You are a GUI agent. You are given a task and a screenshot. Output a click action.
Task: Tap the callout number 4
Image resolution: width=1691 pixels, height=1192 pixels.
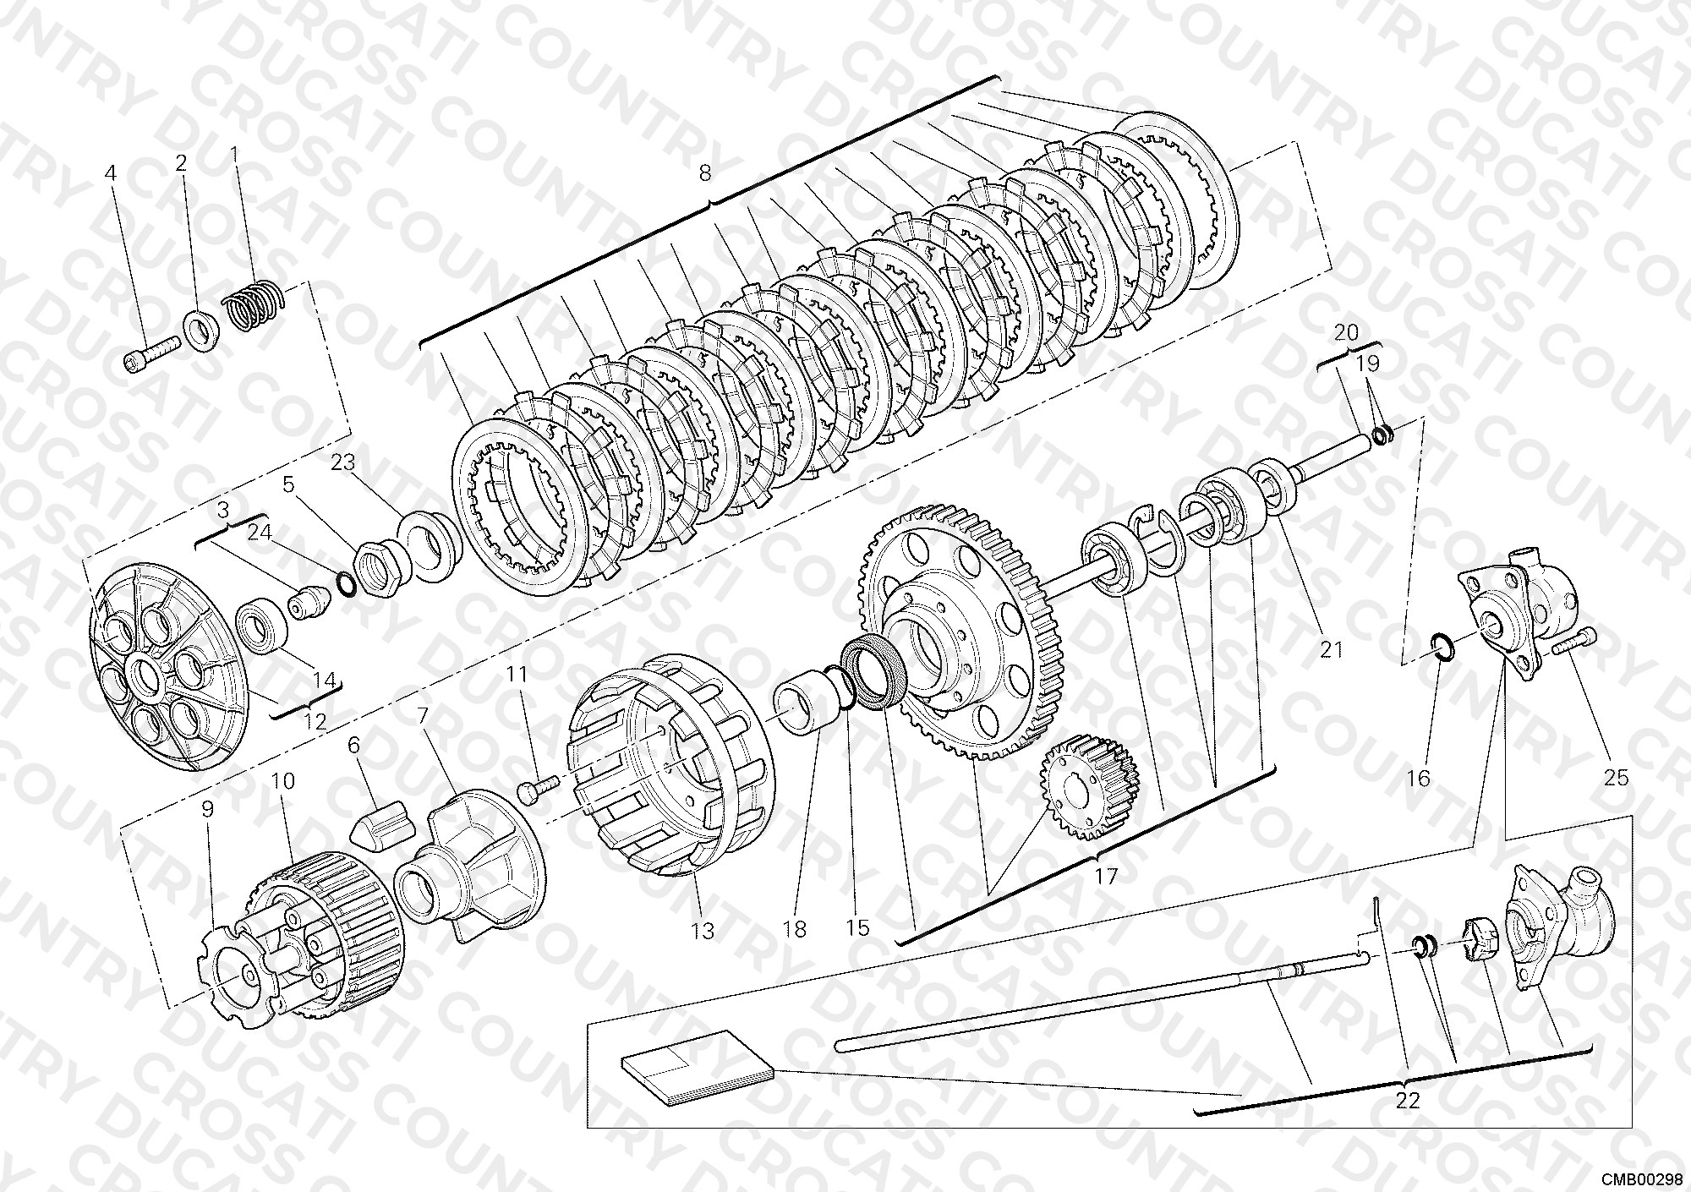click(110, 173)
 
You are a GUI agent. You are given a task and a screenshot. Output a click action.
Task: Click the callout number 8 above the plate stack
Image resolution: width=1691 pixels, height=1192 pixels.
click(705, 173)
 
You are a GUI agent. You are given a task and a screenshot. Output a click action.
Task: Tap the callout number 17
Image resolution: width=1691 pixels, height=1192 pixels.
click(1106, 876)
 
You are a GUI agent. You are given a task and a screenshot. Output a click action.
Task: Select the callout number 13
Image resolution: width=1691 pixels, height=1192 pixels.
click(703, 931)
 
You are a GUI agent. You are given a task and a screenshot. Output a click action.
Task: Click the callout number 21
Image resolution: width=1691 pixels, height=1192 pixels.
click(1331, 649)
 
